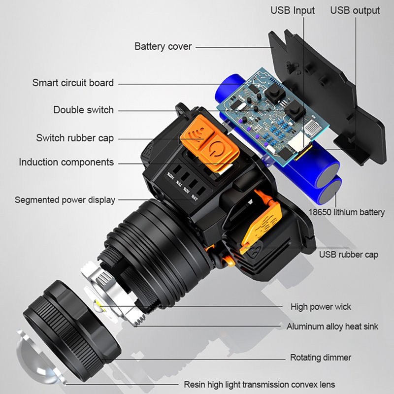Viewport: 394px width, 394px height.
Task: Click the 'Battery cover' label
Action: [x=163, y=47]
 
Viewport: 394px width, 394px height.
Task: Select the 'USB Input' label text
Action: [x=293, y=10]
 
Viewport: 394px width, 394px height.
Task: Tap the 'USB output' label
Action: [x=355, y=10]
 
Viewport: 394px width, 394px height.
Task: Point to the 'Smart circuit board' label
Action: [x=73, y=83]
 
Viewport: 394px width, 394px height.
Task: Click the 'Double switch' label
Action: [x=83, y=110]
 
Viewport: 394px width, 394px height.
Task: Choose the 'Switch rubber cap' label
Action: [x=75, y=137]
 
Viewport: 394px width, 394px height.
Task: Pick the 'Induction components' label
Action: [x=66, y=162]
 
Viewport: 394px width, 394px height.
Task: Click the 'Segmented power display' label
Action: [x=65, y=200]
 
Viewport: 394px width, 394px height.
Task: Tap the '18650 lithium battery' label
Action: [x=347, y=212]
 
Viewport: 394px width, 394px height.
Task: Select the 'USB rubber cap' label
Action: [x=349, y=255]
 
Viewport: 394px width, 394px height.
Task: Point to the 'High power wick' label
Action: [x=321, y=307]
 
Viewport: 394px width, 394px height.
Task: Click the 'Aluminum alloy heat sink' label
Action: [x=333, y=327]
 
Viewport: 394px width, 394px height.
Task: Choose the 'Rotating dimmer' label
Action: [x=321, y=358]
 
